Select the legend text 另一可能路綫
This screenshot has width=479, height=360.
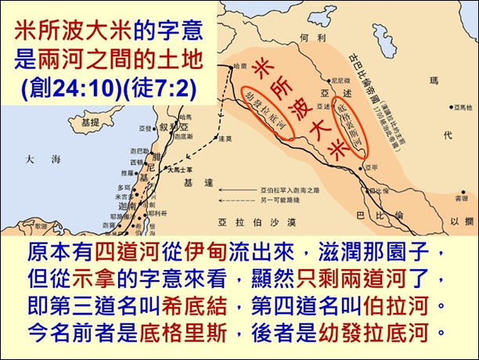coord(279,200)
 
